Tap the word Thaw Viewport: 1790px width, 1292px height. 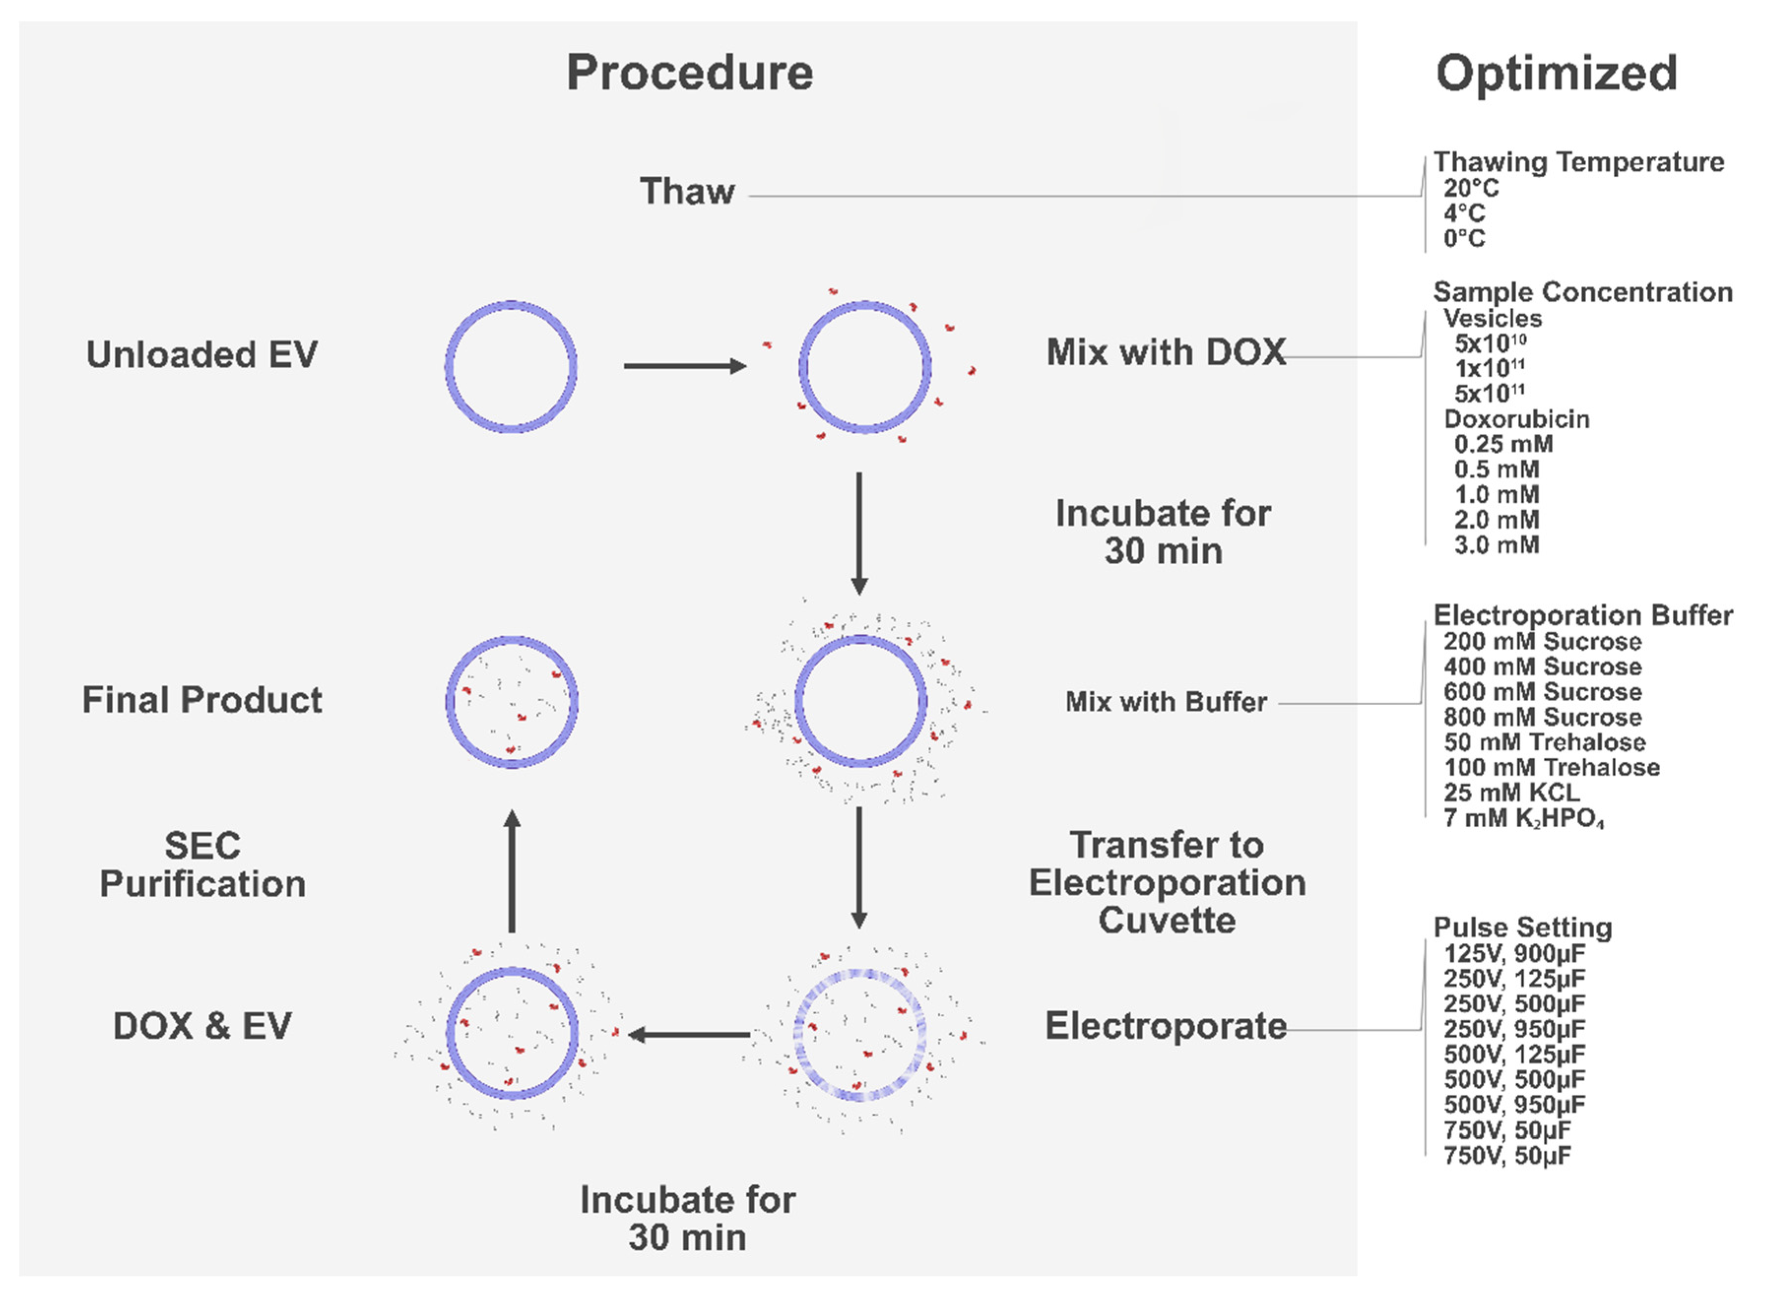click(687, 192)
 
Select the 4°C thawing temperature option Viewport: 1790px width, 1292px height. click(1464, 213)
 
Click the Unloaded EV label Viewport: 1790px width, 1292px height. click(202, 355)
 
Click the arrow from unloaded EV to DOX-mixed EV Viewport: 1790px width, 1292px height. click(683, 365)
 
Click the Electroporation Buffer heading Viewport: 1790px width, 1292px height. click(1582, 615)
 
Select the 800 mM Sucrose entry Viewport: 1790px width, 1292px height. click(1542, 717)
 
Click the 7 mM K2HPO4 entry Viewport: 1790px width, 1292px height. click(1523, 818)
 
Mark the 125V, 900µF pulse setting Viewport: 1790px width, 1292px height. click(1514, 953)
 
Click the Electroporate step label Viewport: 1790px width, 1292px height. click(1166, 1026)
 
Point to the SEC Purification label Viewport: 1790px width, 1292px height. click(202, 865)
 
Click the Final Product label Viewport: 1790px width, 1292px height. click(202, 700)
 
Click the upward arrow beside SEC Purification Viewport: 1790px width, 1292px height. click(512, 872)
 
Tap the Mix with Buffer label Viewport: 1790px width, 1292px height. click(1166, 702)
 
